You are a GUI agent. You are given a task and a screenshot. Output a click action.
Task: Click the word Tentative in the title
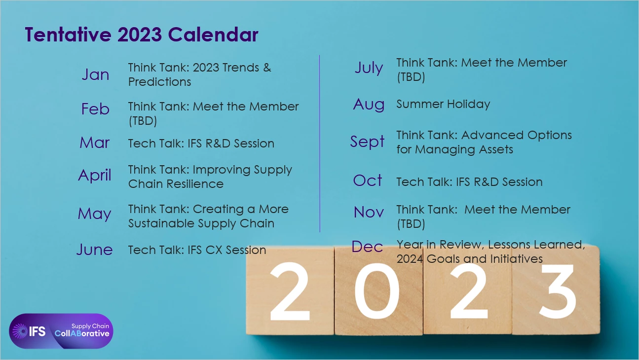pos(68,35)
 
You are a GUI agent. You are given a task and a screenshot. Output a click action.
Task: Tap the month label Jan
pos(96,74)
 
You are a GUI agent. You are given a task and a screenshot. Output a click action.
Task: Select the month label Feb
pos(95,109)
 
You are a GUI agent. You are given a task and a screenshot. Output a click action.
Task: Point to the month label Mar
pos(94,143)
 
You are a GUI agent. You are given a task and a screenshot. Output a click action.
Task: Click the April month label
pos(94,175)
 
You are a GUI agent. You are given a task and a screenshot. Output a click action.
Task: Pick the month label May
pos(94,214)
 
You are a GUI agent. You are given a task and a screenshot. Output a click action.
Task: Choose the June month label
pos(94,250)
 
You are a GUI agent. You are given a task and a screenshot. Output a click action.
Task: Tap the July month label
pos(369,69)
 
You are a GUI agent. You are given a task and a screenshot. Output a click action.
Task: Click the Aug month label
pos(369,105)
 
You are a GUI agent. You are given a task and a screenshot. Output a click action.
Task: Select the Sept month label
pos(368,142)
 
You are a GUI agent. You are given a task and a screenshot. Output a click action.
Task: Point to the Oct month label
pos(368,180)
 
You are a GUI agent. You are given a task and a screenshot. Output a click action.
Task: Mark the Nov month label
pos(369,212)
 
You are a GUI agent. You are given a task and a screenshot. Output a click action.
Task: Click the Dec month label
pos(367,247)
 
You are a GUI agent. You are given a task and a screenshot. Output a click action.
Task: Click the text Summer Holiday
pos(443,105)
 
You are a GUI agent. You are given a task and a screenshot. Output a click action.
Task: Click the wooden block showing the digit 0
pos(378,291)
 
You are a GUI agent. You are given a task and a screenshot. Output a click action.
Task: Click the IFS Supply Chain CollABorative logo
pos(61,331)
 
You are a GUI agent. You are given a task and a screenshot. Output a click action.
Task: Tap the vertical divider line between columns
pos(320,144)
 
